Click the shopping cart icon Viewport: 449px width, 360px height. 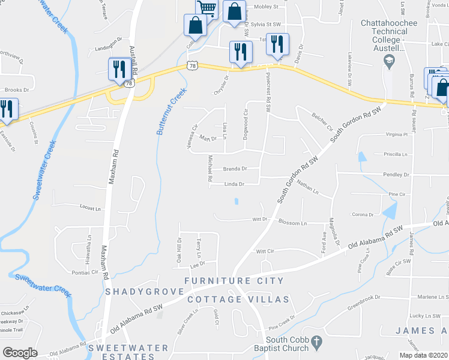coord(205,8)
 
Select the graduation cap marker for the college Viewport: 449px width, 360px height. coord(389,60)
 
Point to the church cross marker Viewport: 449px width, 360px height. coord(319,341)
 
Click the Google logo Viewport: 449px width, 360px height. coord(20,352)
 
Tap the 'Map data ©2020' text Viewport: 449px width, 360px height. coord(423,355)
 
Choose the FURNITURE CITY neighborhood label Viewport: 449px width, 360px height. coord(234,281)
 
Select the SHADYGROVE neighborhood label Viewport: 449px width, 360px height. coord(144,292)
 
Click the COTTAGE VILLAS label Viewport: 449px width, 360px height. coord(238,299)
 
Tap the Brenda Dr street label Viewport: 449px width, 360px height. coord(235,169)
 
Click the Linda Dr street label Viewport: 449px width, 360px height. coord(234,184)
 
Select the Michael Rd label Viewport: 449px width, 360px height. coord(211,169)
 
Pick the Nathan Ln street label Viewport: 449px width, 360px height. coord(307,190)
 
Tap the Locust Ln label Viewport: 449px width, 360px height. coord(91,208)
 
